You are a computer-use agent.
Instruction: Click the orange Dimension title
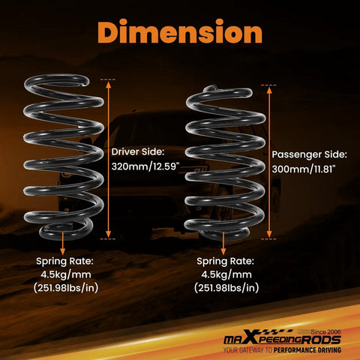[x=180, y=31]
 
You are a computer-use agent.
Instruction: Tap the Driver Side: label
[x=138, y=151]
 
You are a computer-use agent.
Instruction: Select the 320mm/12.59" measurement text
[x=145, y=166]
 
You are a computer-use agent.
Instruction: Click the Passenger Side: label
[x=310, y=154]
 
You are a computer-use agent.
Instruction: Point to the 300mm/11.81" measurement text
[x=303, y=169]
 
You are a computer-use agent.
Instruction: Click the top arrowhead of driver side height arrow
[x=108, y=85]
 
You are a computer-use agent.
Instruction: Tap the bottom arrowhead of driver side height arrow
[x=108, y=234]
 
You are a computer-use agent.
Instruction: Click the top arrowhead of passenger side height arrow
[x=269, y=91]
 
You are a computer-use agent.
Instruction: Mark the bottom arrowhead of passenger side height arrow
[x=269, y=234]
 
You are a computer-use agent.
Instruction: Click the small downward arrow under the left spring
[x=63, y=243]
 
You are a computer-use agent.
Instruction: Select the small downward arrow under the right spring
[x=223, y=243]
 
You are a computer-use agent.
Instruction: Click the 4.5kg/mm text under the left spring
[x=66, y=274]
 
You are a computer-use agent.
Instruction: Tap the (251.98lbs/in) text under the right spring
[x=226, y=288]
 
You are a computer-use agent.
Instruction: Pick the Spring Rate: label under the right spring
[x=225, y=262]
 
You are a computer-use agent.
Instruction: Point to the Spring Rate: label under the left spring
[x=64, y=262]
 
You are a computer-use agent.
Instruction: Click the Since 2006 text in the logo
[x=325, y=332]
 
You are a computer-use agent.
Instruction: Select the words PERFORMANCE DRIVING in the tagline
[x=307, y=350]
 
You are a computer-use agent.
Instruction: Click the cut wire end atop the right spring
[x=210, y=88]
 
